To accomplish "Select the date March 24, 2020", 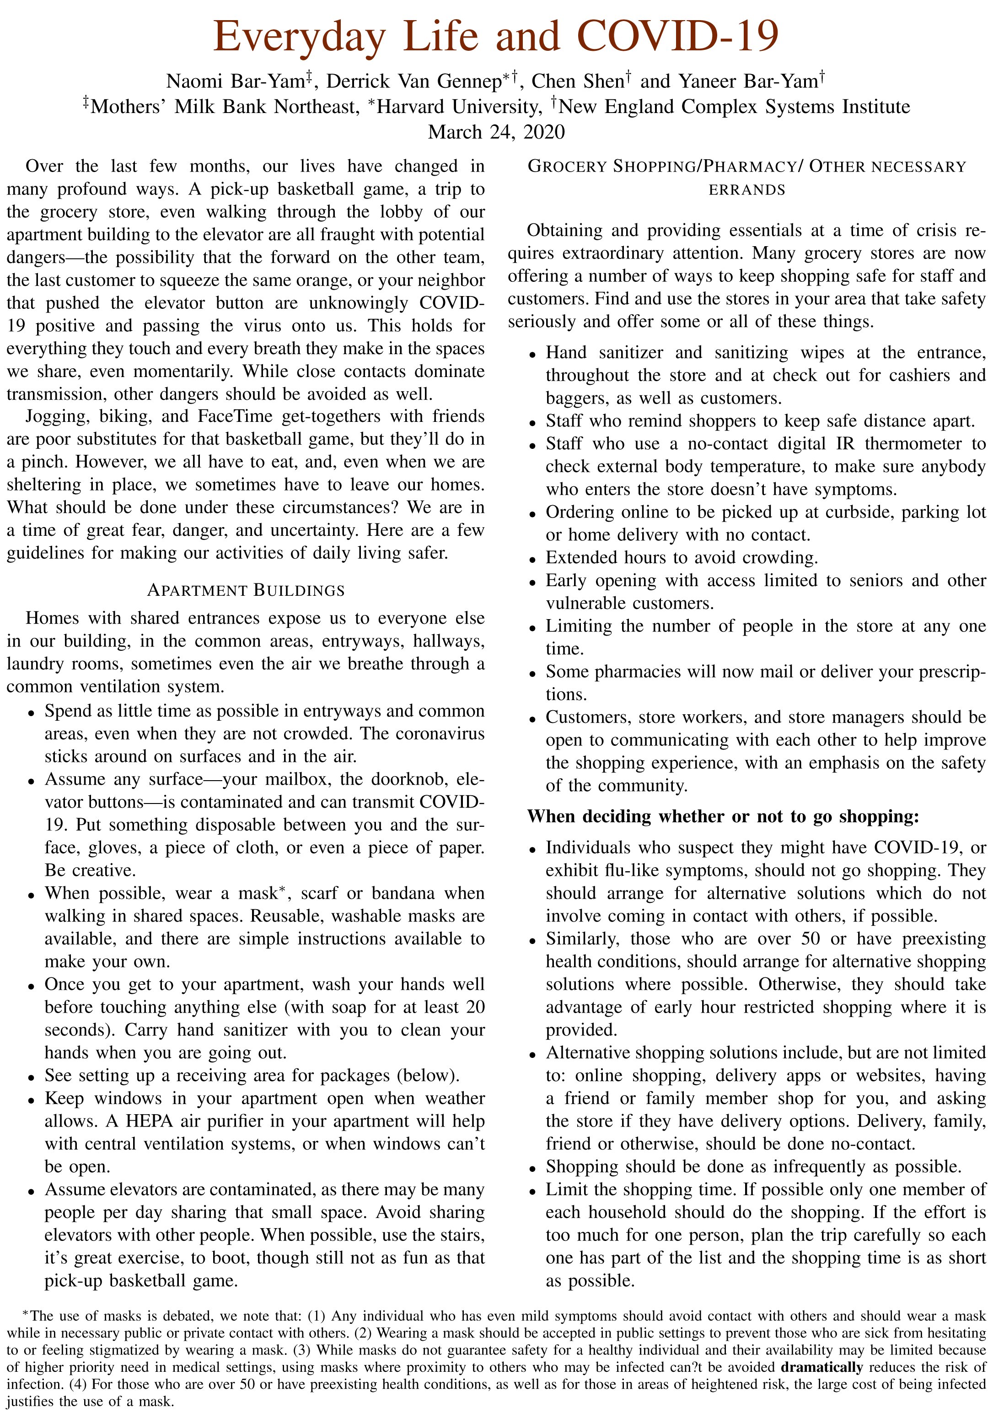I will point(496,132).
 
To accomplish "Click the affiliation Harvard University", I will point(459,107).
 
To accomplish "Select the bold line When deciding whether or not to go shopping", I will point(723,817).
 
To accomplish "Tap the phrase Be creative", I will point(90,871).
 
